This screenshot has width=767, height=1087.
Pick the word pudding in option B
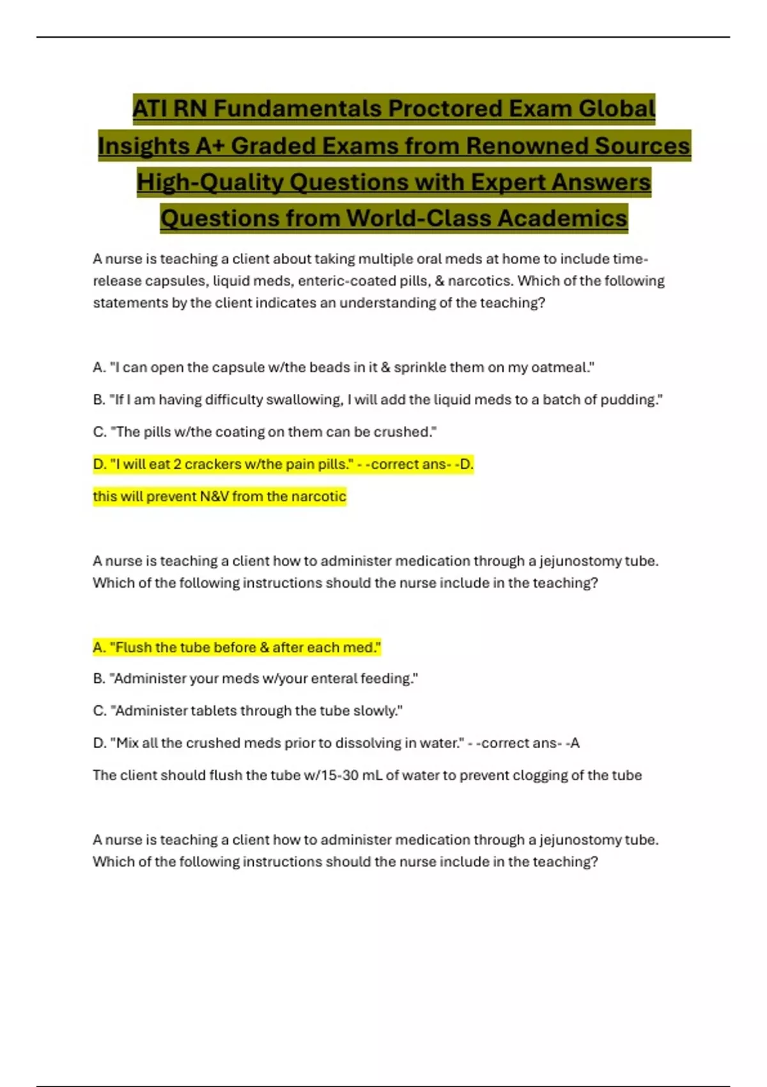point(629,400)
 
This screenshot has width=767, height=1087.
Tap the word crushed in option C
point(403,432)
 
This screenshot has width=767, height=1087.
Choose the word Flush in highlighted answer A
point(134,648)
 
